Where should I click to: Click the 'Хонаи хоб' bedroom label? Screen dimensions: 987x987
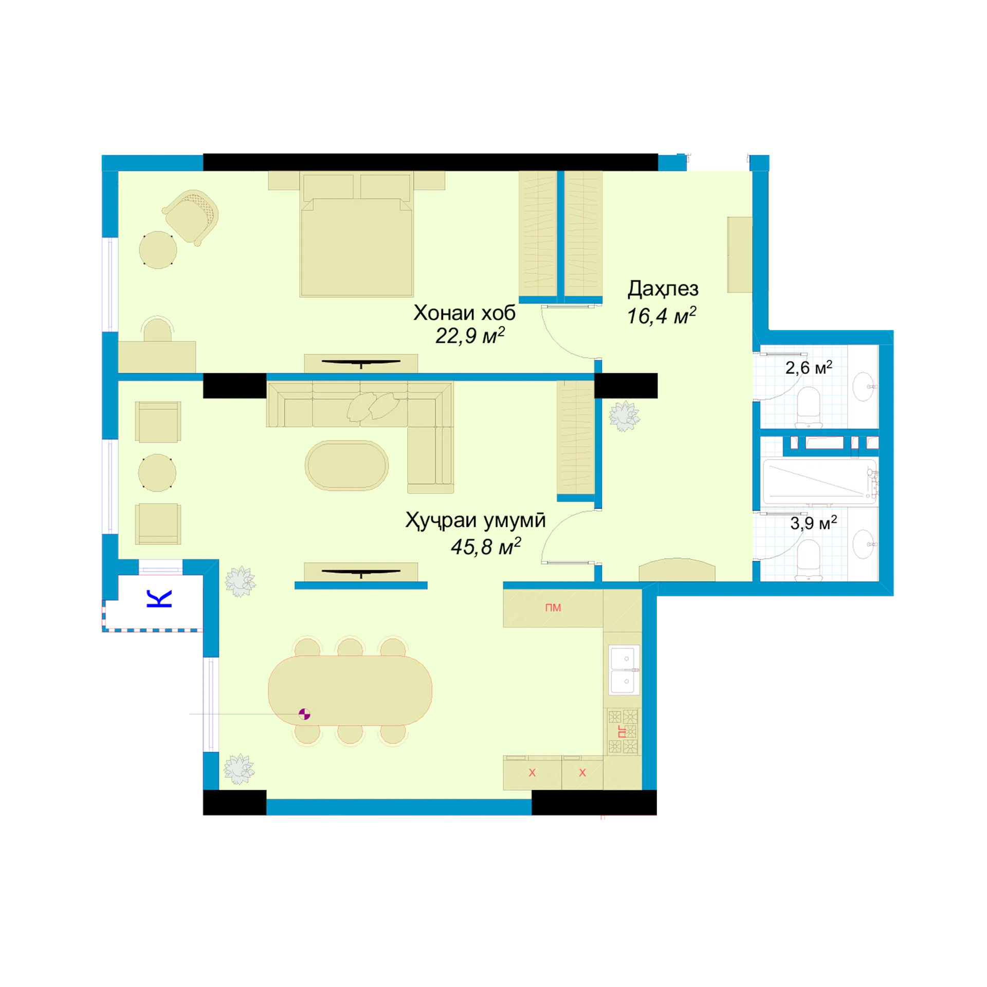point(464,313)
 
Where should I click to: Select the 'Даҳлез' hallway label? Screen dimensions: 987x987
point(663,288)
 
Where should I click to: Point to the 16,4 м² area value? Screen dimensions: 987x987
point(661,315)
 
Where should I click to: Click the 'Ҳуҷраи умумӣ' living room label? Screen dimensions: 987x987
point(476,520)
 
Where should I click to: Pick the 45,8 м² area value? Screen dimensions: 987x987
point(486,546)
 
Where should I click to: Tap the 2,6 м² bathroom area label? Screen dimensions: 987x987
point(809,368)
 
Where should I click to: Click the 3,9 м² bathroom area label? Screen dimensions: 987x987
point(813,523)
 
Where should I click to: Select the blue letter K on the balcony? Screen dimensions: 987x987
point(159,599)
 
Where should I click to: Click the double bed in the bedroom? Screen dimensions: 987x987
point(357,235)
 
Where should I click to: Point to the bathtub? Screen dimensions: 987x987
point(820,482)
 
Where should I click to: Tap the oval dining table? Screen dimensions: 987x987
point(350,690)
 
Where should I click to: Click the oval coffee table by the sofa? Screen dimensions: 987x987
point(347,465)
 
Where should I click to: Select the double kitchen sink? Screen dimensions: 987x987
point(624,670)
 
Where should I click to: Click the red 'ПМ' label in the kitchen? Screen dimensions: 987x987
point(553,608)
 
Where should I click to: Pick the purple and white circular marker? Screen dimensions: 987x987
point(304,714)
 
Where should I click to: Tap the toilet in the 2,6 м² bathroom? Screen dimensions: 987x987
point(809,407)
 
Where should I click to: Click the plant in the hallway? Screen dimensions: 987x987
point(624,416)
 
